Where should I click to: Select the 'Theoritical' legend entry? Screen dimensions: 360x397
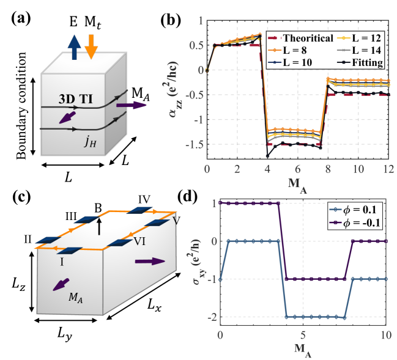point(303,38)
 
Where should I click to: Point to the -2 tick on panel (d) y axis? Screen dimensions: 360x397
point(211,317)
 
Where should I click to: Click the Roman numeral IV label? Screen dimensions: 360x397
point(146,199)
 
